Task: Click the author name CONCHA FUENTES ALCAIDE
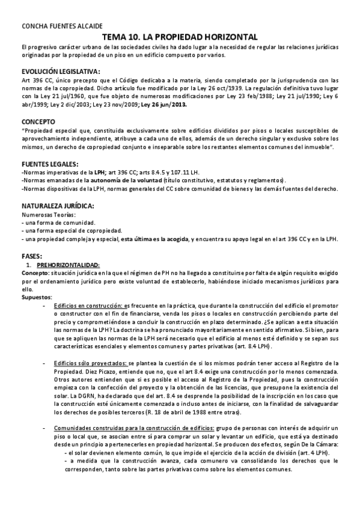[x=62, y=27]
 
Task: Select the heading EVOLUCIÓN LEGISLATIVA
[x=61, y=71]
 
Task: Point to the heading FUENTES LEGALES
[x=50, y=164]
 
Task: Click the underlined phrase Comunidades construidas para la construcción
[x=129, y=426]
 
